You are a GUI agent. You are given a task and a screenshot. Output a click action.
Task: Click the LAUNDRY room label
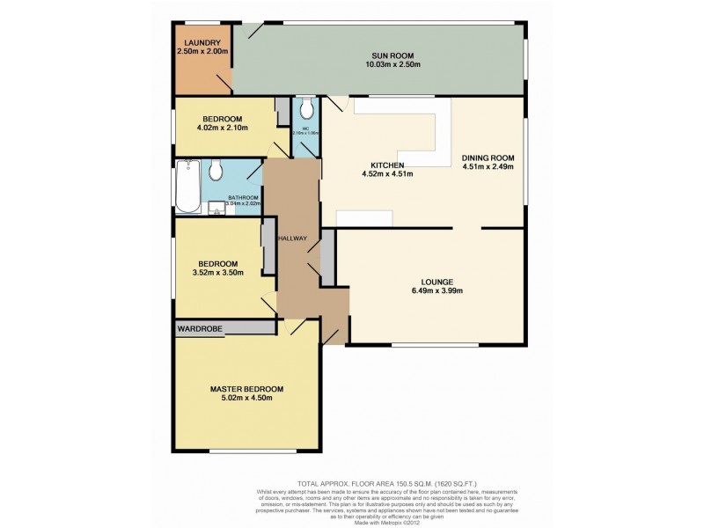202,42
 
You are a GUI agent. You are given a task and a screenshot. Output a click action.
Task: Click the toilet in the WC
305,109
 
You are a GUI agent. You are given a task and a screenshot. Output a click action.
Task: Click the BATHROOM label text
244,197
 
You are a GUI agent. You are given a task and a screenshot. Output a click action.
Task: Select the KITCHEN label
387,165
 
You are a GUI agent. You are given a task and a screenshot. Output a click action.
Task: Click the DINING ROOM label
488,158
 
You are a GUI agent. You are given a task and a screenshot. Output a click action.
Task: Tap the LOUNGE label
430,282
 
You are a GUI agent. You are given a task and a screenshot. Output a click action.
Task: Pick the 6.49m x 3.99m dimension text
430,291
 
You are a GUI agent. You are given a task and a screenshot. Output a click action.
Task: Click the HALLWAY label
290,238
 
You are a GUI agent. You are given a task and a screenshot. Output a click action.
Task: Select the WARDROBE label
199,328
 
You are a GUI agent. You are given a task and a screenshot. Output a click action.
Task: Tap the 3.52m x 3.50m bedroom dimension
216,273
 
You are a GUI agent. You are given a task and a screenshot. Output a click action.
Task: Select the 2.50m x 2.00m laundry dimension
202,52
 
